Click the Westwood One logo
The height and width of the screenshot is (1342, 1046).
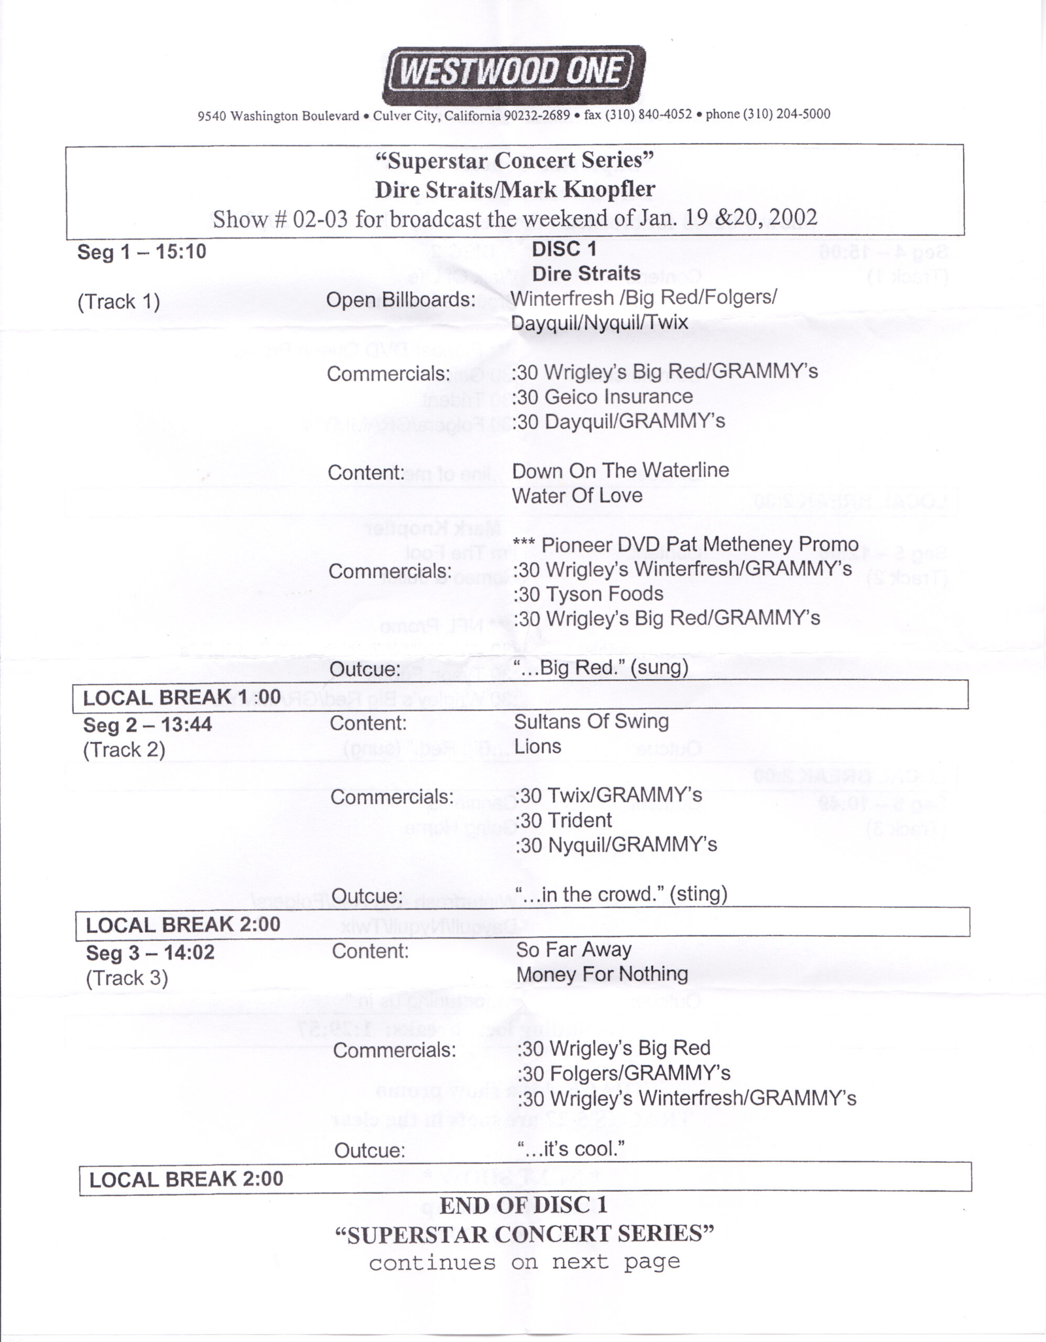[514, 75]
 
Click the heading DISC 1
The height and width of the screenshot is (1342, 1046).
[564, 249]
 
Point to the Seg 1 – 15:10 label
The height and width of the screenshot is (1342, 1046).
[141, 252]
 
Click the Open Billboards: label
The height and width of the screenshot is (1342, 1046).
[400, 300]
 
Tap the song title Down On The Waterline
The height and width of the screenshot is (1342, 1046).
[620, 471]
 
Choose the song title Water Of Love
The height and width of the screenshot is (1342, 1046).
[577, 496]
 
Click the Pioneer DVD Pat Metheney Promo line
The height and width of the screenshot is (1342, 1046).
[685, 545]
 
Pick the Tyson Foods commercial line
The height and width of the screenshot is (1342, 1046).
[589, 594]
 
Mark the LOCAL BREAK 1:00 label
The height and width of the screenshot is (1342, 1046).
[182, 697]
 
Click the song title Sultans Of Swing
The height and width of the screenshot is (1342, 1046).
[591, 721]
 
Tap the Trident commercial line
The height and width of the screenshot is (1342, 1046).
[563, 820]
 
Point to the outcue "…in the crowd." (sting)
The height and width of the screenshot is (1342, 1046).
[620, 894]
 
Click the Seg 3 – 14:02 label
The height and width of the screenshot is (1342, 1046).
[150, 953]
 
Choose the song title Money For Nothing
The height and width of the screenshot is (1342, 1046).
[602, 975]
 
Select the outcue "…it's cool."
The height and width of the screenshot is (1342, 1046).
[571, 1149]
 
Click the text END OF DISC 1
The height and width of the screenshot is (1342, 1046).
[524, 1205]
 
